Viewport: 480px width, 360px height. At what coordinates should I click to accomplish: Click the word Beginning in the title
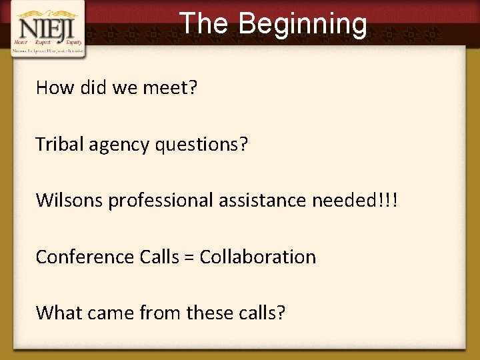(x=303, y=24)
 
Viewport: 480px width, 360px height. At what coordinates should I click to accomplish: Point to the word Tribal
(x=59, y=143)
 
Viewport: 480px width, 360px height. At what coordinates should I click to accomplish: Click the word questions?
(x=201, y=145)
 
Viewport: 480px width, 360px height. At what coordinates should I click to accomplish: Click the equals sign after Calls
(x=191, y=257)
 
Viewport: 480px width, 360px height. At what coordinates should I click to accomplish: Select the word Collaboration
(x=258, y=257)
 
